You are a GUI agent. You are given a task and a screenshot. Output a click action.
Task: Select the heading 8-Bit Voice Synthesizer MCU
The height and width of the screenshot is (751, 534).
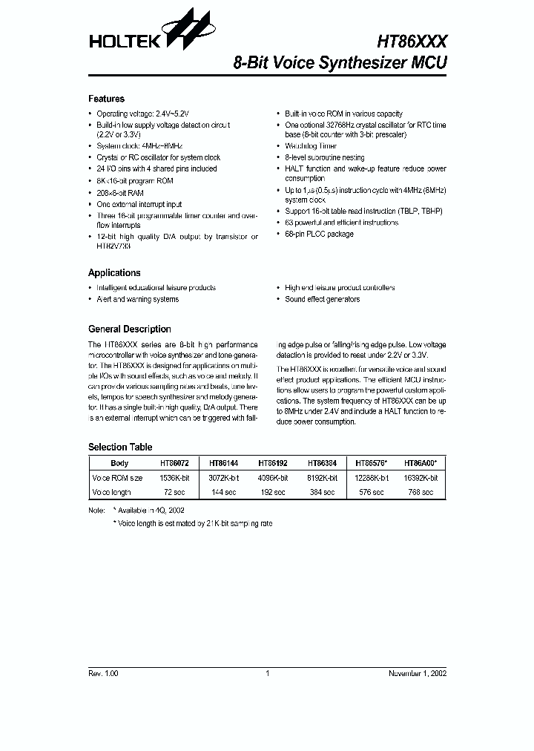[340, 63]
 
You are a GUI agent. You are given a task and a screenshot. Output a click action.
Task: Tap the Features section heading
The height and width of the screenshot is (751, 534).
[106, 99]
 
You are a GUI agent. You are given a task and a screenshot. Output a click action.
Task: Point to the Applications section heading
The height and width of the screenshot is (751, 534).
[114, 272]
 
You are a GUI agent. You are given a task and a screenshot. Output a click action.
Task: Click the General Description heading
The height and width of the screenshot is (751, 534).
[129, 329]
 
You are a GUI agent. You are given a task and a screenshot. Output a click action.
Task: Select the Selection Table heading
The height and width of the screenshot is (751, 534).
[120, 447]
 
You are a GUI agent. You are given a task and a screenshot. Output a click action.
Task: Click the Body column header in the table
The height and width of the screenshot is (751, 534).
[119, 463]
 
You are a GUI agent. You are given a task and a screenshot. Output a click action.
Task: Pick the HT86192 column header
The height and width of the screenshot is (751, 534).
[274, 463]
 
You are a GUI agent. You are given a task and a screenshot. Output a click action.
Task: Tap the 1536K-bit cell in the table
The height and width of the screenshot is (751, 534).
[174, 478]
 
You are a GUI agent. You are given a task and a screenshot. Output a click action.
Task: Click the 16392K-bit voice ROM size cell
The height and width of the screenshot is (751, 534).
[421, 478]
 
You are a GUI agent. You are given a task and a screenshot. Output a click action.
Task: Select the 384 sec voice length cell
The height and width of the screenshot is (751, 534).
[322, 492]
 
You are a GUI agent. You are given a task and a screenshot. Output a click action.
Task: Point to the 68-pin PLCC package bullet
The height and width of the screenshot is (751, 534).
[319, 234]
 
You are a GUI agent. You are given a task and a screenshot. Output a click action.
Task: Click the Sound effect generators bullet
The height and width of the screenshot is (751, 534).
[322, 299]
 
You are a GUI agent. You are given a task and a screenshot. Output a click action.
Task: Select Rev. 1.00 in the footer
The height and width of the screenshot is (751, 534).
[103, 673]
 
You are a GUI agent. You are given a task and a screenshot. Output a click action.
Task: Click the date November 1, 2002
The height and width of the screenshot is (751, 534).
[418, 673]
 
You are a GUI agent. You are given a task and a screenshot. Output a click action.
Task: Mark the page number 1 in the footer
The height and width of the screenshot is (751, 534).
[266, 673]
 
